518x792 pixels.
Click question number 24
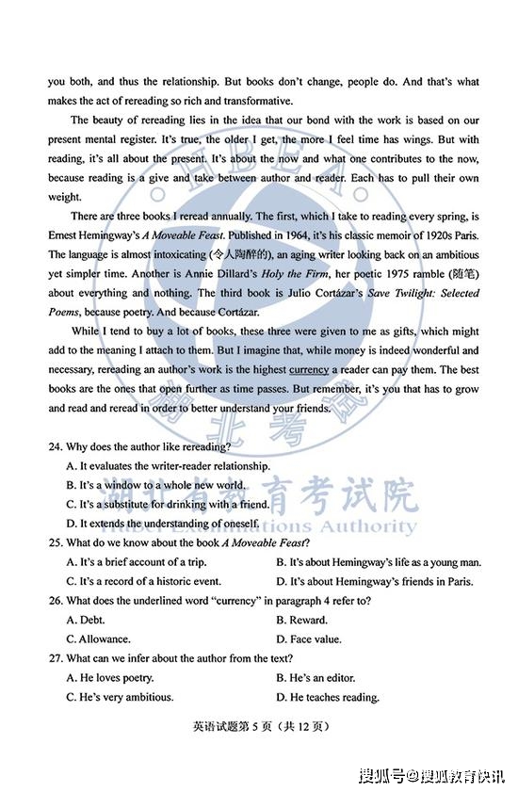click(55, 446)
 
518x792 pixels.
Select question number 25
click(55, 542)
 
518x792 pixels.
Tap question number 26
click(55, 601)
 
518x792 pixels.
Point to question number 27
click(55, 658)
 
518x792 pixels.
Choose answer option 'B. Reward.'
click(301, 620)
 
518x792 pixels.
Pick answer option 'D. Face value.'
click(309, 639)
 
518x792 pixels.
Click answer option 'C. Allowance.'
click(98, 639)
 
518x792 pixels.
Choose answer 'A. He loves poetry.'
click(110, 678)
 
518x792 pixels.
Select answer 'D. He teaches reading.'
click(328, 698)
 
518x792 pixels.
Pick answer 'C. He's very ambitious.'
click(120, 698)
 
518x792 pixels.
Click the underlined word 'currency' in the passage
click(309, 370)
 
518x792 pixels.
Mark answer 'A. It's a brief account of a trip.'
click(142, 562)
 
